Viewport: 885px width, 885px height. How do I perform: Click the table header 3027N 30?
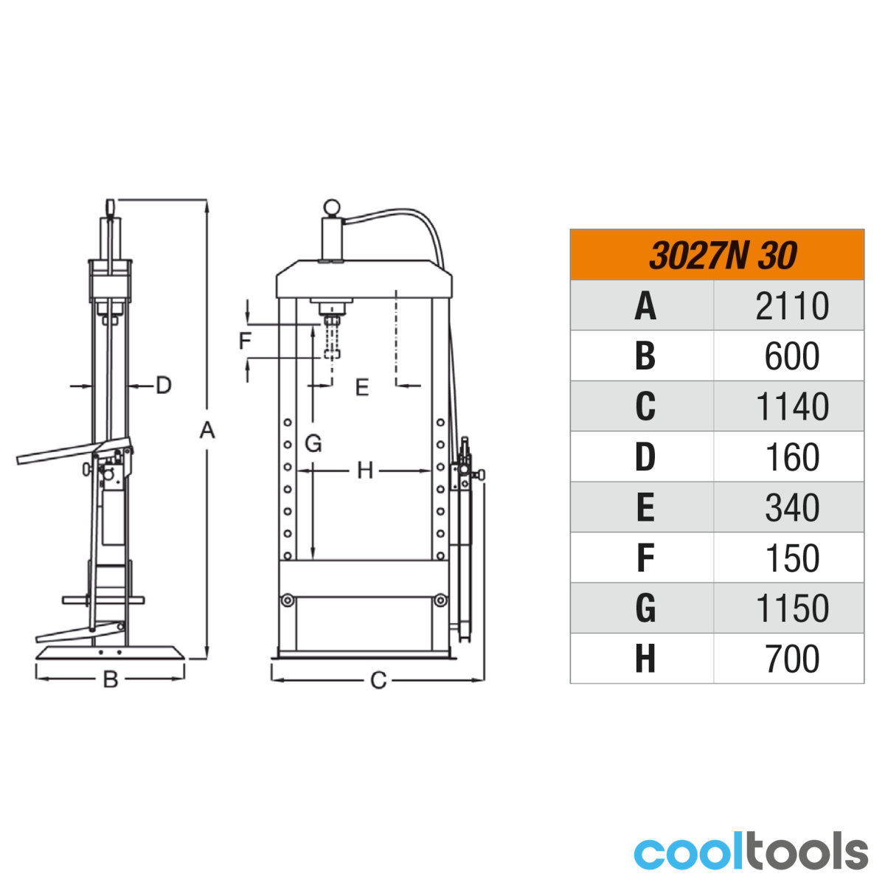(x=722, y=255)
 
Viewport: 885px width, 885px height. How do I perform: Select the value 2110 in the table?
(x=792, y=306)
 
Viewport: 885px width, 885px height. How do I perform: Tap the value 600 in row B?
(x=792, y=356)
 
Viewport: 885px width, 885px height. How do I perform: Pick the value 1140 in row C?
(x=792, y=407)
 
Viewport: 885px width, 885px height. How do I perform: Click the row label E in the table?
(x=645, y=508)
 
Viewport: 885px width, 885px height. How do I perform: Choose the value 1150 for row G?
(x=792, y=608)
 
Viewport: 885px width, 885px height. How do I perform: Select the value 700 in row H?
(x=792, y=659)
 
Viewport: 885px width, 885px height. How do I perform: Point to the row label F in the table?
(x=645, y=558)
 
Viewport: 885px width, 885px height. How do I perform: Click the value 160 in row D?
(x=792, y=457)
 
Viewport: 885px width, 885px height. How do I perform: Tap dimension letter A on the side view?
(x=207, y=430)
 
